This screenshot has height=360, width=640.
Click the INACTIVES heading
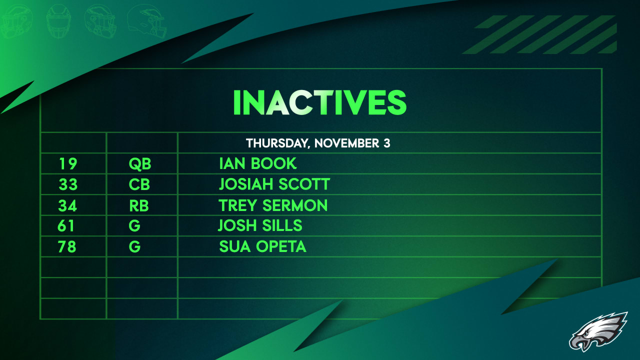point(319,102)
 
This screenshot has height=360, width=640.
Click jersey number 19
point(68,163)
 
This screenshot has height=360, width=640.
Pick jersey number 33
point(68,184)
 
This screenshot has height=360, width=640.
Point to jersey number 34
point(68,205)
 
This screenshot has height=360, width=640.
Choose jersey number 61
point(66,226)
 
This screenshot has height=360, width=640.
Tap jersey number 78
point(67,246)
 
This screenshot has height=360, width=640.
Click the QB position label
point(139,163)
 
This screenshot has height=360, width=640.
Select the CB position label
point(139,184)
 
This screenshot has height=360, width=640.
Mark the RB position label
point(139,205)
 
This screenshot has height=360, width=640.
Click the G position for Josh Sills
point(134,226)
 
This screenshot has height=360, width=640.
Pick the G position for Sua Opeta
point(134,246)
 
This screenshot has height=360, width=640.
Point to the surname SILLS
point(282,226)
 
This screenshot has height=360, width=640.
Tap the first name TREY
point(237,205)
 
